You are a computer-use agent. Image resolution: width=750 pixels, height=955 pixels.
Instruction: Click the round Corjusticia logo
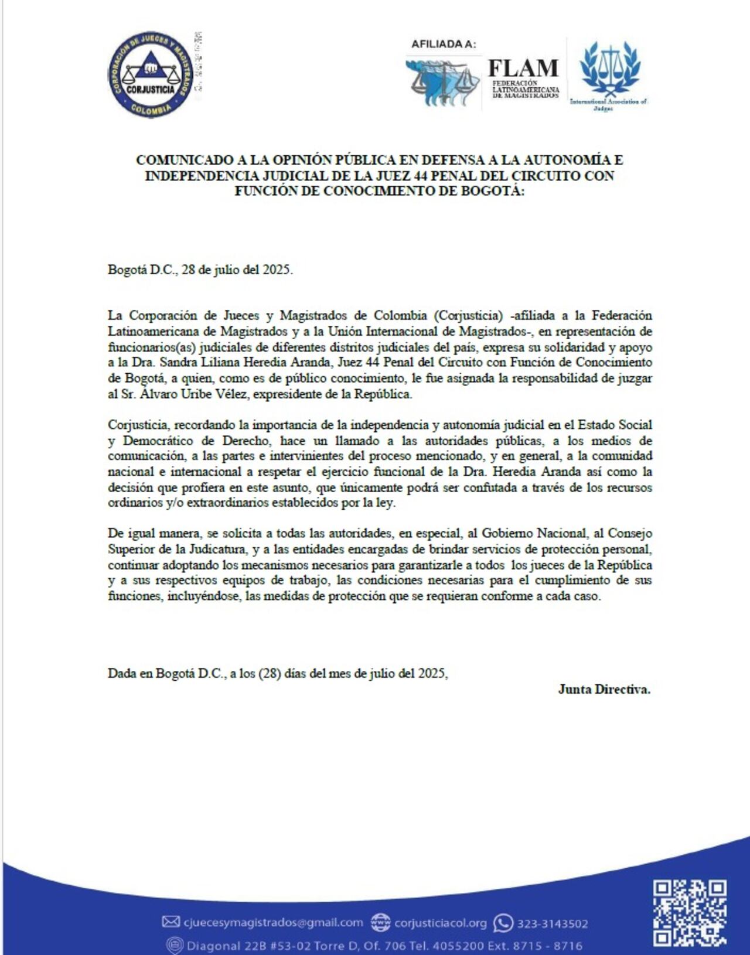(151, 74)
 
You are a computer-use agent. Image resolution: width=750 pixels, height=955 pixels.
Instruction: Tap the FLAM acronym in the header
(523, 68)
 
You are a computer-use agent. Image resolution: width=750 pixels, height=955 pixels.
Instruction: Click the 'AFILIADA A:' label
(444, 44)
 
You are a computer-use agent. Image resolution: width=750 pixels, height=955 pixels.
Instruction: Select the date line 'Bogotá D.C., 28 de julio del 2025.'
(200, 270)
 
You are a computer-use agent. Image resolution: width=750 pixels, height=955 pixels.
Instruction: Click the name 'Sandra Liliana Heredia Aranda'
(241, 363)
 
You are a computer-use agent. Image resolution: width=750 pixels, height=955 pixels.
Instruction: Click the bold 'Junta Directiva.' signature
(604, 690)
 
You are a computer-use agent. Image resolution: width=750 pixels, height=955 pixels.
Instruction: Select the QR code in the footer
(690, 913)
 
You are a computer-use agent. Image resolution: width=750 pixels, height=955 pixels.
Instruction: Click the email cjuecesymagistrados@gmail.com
(273, 923)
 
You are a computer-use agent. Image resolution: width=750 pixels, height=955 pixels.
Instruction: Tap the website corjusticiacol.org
(440, 923)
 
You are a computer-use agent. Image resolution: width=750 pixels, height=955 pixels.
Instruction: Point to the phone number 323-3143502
(552, 924)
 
